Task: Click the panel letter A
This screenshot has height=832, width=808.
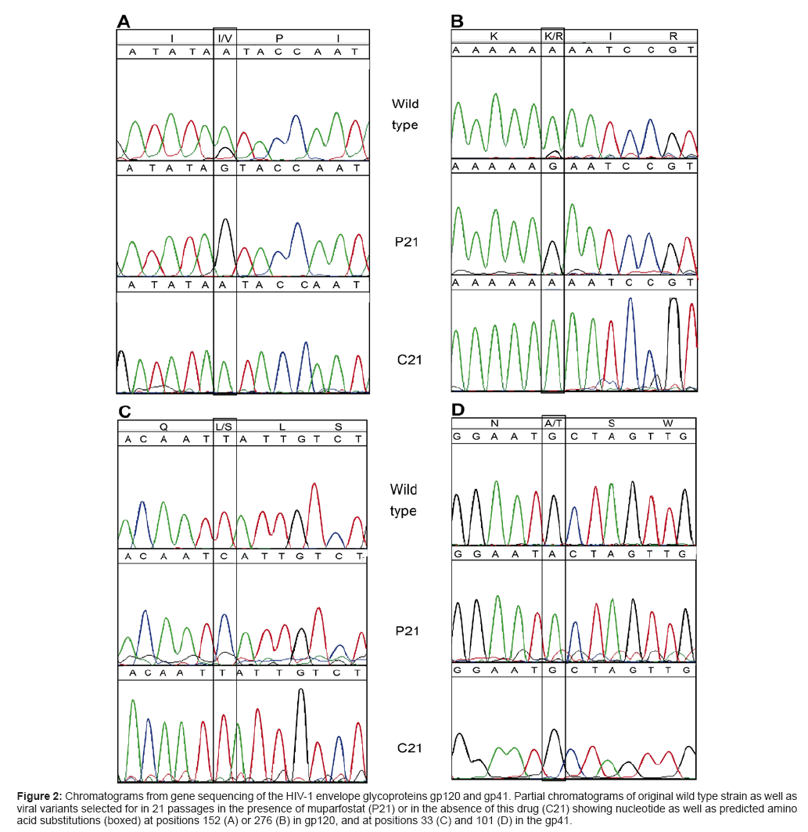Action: point(123,21)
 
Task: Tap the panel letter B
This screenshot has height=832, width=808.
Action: point(458,21)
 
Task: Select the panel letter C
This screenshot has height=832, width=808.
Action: point(124,411)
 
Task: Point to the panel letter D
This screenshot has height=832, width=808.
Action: point(458,409)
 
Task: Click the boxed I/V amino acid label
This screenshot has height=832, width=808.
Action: point(224,37)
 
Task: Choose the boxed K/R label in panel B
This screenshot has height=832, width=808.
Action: point(552,37)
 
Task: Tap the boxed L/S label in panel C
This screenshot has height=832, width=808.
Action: point(224,427)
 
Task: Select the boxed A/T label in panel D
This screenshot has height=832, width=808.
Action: point(553,424)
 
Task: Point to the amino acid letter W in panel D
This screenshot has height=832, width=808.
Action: point(668,424)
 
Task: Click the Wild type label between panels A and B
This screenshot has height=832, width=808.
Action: point(405,114)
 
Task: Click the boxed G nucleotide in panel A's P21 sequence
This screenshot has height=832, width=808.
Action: point(224,168)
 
